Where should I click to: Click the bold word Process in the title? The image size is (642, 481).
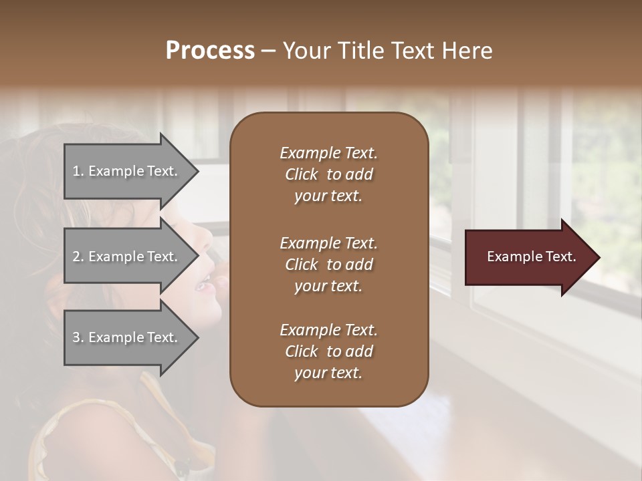tap(210, 51)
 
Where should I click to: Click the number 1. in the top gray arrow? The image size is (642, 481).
tap(78, 171)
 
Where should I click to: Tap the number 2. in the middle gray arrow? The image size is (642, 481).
tap(78, 257)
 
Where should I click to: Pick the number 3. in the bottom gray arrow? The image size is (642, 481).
tap(78, 337)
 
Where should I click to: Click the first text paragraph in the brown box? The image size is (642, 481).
tap(328, 174)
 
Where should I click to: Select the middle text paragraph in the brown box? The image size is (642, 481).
tap(328, 264)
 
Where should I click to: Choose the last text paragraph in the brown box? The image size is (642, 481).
tap(328, 351)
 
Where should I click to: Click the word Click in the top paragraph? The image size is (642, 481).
tap(302, 174)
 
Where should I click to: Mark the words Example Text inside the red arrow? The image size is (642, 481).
tap(531, 257)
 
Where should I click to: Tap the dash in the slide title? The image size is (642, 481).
tap(268, 51)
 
